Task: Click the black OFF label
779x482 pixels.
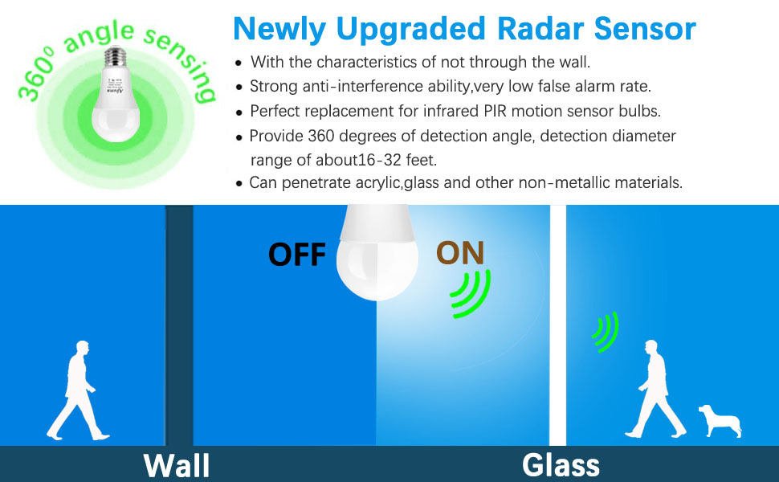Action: pos(297,254)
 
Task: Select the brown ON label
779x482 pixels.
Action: pos(460,252)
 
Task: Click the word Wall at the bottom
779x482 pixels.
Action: pos(177,465)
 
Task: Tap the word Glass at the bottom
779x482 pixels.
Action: pos(561,465)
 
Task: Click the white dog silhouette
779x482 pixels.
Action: pos(719,419)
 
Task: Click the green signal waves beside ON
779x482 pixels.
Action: pos(470,293)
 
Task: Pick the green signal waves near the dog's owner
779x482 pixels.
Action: pos(606,332)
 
